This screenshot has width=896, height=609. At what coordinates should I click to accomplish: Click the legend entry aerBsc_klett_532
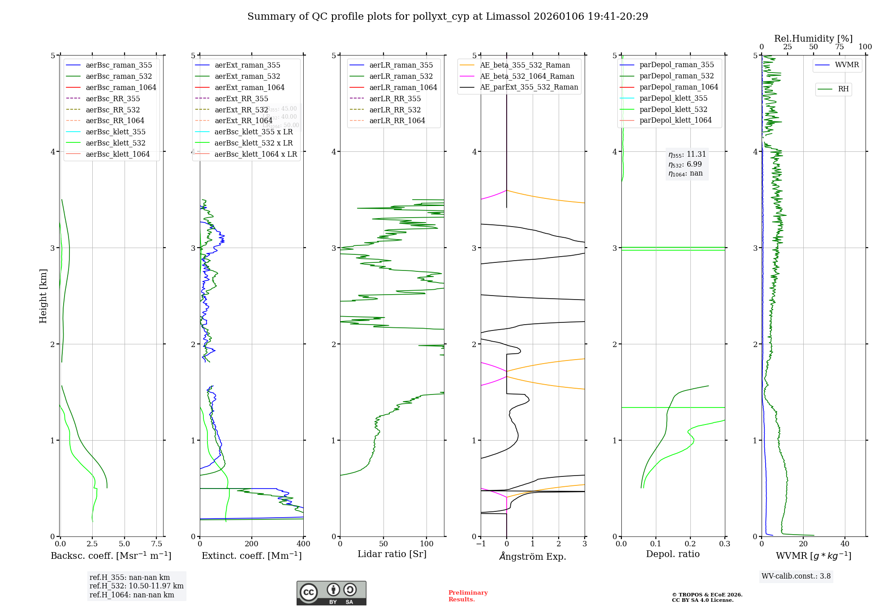point(116,143)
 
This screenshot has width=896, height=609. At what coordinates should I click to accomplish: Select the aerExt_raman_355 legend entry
point(247,65)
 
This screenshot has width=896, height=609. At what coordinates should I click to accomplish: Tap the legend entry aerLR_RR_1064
point(397,120)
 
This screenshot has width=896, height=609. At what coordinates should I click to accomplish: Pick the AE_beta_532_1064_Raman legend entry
point(527,76)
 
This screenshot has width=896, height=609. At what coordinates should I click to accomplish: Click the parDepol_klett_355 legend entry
point(673,98)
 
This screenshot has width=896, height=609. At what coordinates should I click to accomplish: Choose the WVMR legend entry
point(847,65)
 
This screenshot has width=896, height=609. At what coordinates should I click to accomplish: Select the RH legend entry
point(843,89)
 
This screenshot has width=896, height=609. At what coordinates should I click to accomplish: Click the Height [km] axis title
point(43,296)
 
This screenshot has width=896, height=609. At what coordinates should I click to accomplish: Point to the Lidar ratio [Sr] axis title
point(392,554)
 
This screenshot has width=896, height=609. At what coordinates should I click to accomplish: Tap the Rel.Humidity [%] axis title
point(813,39)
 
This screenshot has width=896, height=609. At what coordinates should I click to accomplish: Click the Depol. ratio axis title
point(672,554)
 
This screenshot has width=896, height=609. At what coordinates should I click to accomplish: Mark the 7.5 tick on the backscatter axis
point(156,544)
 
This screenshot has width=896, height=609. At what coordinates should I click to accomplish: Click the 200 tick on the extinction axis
point(252,544)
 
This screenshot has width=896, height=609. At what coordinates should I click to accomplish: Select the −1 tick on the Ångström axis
point(481,544)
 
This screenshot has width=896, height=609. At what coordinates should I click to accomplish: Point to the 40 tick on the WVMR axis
point(844,544)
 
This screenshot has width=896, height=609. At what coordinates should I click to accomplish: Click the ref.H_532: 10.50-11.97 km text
point(136,586)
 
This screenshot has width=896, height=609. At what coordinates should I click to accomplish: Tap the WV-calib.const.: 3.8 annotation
point(796,576)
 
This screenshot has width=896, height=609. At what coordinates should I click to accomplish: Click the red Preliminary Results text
point(468,596)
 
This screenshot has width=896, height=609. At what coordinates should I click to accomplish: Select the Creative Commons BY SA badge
point(331,593)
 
